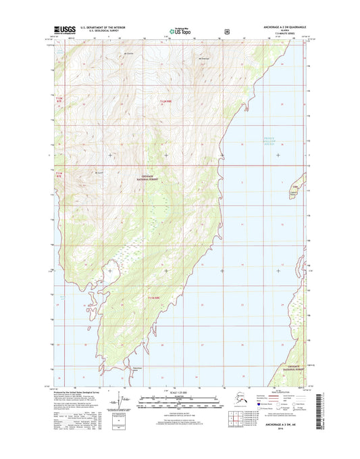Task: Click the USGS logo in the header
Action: [x=64, y=29]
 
